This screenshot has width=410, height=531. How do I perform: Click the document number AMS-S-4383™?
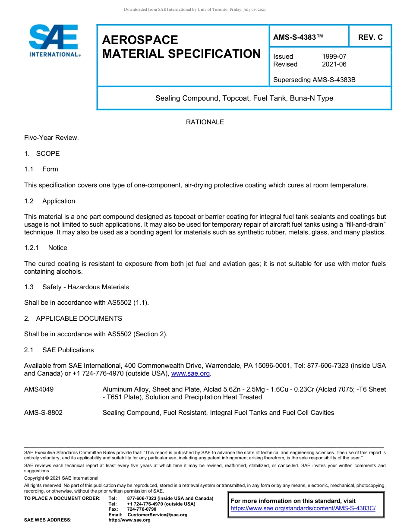click(x=298, y=37)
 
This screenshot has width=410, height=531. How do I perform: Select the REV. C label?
click(x=370, y=37)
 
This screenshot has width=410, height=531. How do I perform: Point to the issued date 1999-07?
click(x=334, y=57)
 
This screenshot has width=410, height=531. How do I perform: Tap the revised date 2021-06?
click(x=334, y=64)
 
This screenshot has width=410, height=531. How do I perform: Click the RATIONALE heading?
click(x=205, y=122)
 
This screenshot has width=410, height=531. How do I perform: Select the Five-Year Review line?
click(x=51, y=138)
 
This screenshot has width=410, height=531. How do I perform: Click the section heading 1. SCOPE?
click(x=42, y=154)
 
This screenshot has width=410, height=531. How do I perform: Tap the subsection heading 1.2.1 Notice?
click(x=46, y=248)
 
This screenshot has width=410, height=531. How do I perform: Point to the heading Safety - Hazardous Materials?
click(x=85, y=287)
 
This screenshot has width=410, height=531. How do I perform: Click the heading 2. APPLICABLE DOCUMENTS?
click(x=73, y=319)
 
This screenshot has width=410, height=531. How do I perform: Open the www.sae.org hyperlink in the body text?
click(x=190, y=373)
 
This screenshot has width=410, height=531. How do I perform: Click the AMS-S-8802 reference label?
click(x=43, y=413)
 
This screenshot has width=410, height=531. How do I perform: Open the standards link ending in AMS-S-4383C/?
click(x=303, y=509)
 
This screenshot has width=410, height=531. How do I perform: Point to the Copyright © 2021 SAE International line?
click(x=61, y=478)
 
